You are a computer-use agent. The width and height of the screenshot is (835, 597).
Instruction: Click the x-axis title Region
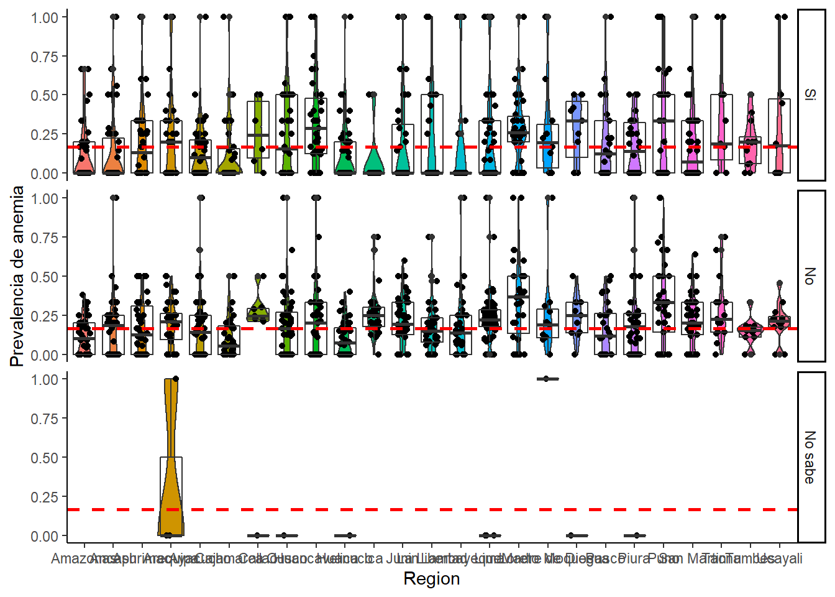click(431, 578)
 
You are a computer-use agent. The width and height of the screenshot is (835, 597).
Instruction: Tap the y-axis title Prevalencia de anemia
click(17, 276)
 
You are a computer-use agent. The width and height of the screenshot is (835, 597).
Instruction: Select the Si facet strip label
click(810, 95)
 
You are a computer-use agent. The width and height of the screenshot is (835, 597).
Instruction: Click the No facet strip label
click(810, 276)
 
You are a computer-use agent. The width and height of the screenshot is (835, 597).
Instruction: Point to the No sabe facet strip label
click(810, 457)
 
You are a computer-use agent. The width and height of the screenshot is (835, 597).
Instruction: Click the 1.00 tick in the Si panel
click(45, 17)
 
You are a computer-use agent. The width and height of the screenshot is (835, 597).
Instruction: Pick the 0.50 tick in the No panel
click(45, 277)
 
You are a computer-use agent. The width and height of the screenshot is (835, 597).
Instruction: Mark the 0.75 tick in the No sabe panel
click(45, 419)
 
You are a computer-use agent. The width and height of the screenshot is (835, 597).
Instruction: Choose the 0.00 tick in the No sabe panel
click(45, 536)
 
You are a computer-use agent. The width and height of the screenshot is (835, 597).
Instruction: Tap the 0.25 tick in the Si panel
click(45, 134)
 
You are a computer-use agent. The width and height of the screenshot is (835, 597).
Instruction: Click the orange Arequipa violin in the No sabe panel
click(171, 473)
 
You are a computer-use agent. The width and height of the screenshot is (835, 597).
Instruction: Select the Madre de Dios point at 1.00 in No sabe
click(547, 379)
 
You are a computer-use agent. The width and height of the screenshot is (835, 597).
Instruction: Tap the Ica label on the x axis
click(374, 558)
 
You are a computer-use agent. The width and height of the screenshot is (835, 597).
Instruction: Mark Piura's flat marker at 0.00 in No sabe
click(634, 535)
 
